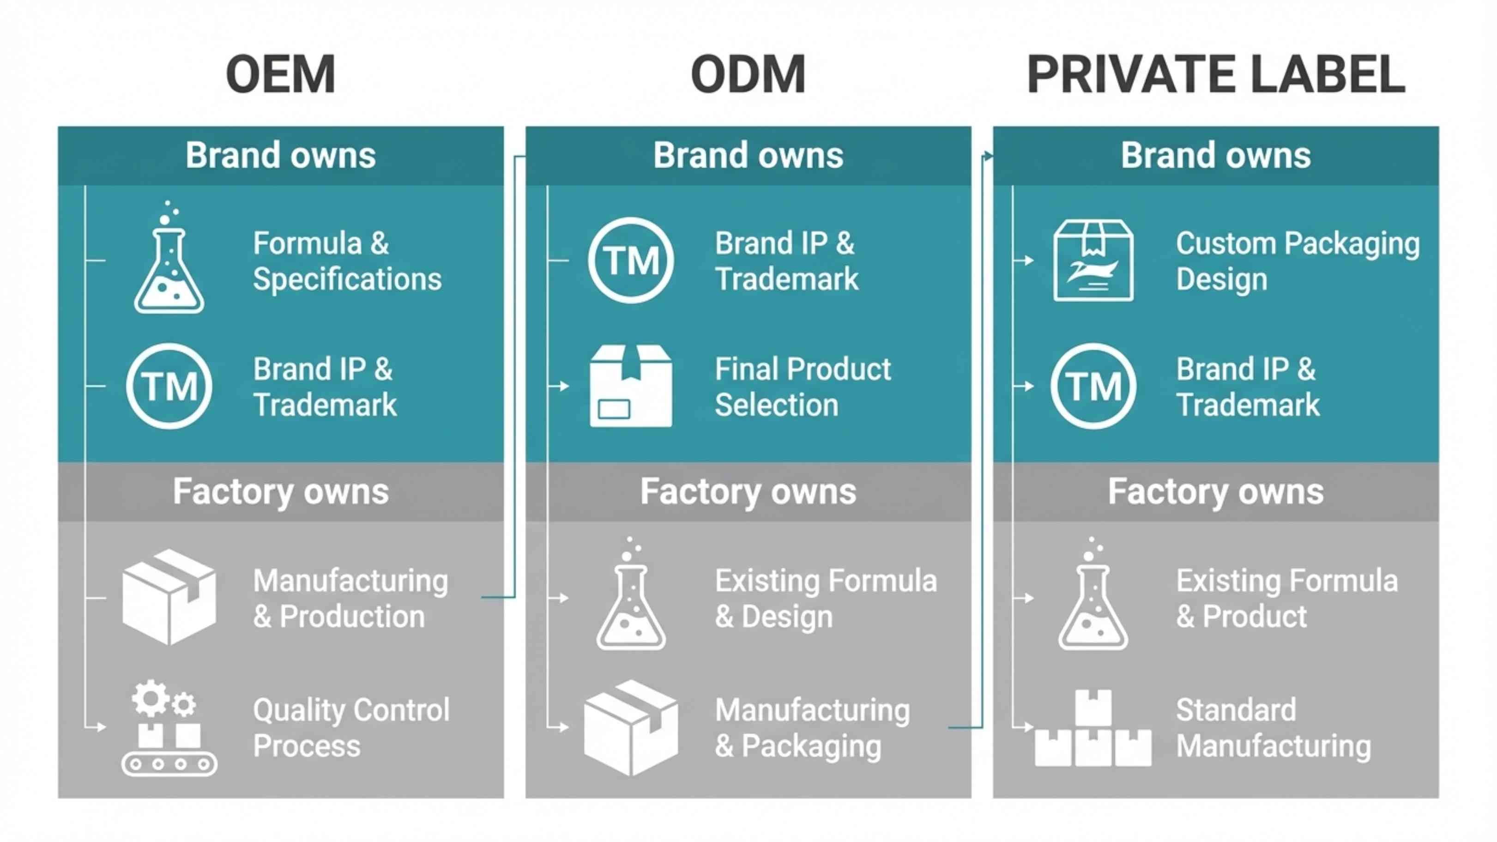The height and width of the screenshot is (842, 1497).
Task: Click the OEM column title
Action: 281,74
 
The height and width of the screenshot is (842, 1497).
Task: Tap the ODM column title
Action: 748,74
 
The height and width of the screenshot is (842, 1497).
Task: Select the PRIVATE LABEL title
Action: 1216,74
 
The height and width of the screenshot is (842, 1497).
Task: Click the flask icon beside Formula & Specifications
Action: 169,261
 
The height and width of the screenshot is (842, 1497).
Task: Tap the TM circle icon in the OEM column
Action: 169,386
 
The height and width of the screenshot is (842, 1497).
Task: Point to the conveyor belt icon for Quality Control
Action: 169,729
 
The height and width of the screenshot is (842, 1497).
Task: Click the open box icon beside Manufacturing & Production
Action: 169,597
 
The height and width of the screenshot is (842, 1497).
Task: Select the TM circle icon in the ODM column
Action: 631,260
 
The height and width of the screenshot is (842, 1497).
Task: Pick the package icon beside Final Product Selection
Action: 631,386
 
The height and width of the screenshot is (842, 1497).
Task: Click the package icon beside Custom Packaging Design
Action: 1093,260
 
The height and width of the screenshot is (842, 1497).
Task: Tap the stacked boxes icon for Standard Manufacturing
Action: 1093,729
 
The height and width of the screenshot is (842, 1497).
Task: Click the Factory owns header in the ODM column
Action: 748,491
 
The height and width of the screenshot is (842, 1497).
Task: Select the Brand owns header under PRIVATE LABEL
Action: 1216,156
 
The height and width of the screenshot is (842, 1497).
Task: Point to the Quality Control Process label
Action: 351,728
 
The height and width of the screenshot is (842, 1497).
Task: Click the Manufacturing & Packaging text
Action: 812,728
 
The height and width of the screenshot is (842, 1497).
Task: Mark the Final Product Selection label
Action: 803,387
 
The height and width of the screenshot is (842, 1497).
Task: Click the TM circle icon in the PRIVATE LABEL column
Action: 1093,386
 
